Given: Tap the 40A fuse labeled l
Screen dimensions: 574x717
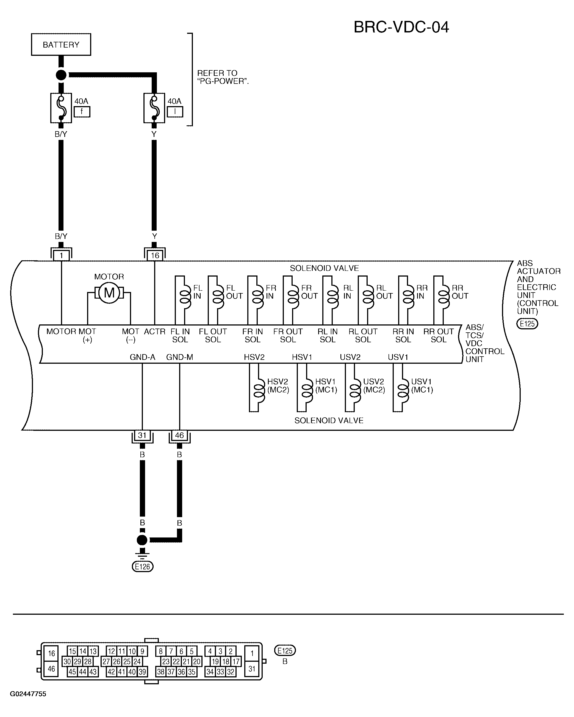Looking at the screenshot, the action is coord(154,108).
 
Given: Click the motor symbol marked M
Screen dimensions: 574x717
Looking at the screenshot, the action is coord(109,293).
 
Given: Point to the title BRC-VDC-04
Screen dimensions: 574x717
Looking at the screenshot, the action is coord(401,27).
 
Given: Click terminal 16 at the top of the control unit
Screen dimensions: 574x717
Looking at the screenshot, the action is coord(155,255).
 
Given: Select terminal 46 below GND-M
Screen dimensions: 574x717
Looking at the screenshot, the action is coord(179,435).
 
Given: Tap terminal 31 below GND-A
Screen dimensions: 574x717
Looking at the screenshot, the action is coord(142,435).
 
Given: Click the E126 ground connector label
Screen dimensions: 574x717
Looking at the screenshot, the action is coord(143,566).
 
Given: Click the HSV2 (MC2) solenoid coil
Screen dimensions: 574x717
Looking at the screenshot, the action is coord(259,388).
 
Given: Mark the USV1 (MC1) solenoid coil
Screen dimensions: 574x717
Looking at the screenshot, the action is coord(403,388).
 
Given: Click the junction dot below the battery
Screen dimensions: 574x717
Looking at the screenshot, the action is coord(61,75).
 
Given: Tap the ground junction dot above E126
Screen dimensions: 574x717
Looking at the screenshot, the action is coord(142,540).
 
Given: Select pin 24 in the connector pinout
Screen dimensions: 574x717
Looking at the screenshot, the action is coord(137,661).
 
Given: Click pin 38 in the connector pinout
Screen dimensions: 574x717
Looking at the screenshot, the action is coord(161,672).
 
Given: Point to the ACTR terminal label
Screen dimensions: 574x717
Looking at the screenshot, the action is coord(154,332).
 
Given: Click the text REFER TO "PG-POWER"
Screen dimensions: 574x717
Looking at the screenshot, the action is coord(223,77).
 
